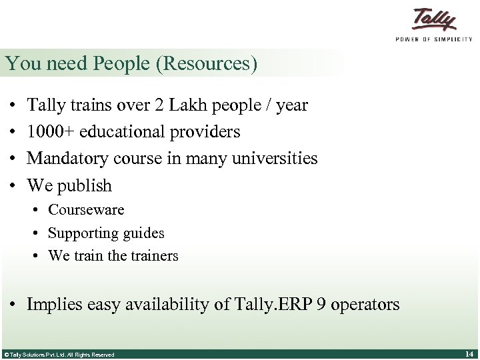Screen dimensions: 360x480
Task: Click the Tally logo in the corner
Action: point(433,19)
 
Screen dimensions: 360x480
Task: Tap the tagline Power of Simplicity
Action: point(433,39)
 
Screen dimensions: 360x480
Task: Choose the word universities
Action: point(279,159)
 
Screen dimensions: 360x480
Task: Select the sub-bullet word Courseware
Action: point(86,210)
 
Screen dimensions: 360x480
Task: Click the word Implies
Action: point(55,305)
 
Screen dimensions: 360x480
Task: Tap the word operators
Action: point(365,305)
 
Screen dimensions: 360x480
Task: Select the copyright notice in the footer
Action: point(59,355)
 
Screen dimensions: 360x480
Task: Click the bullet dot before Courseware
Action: point(37,211)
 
